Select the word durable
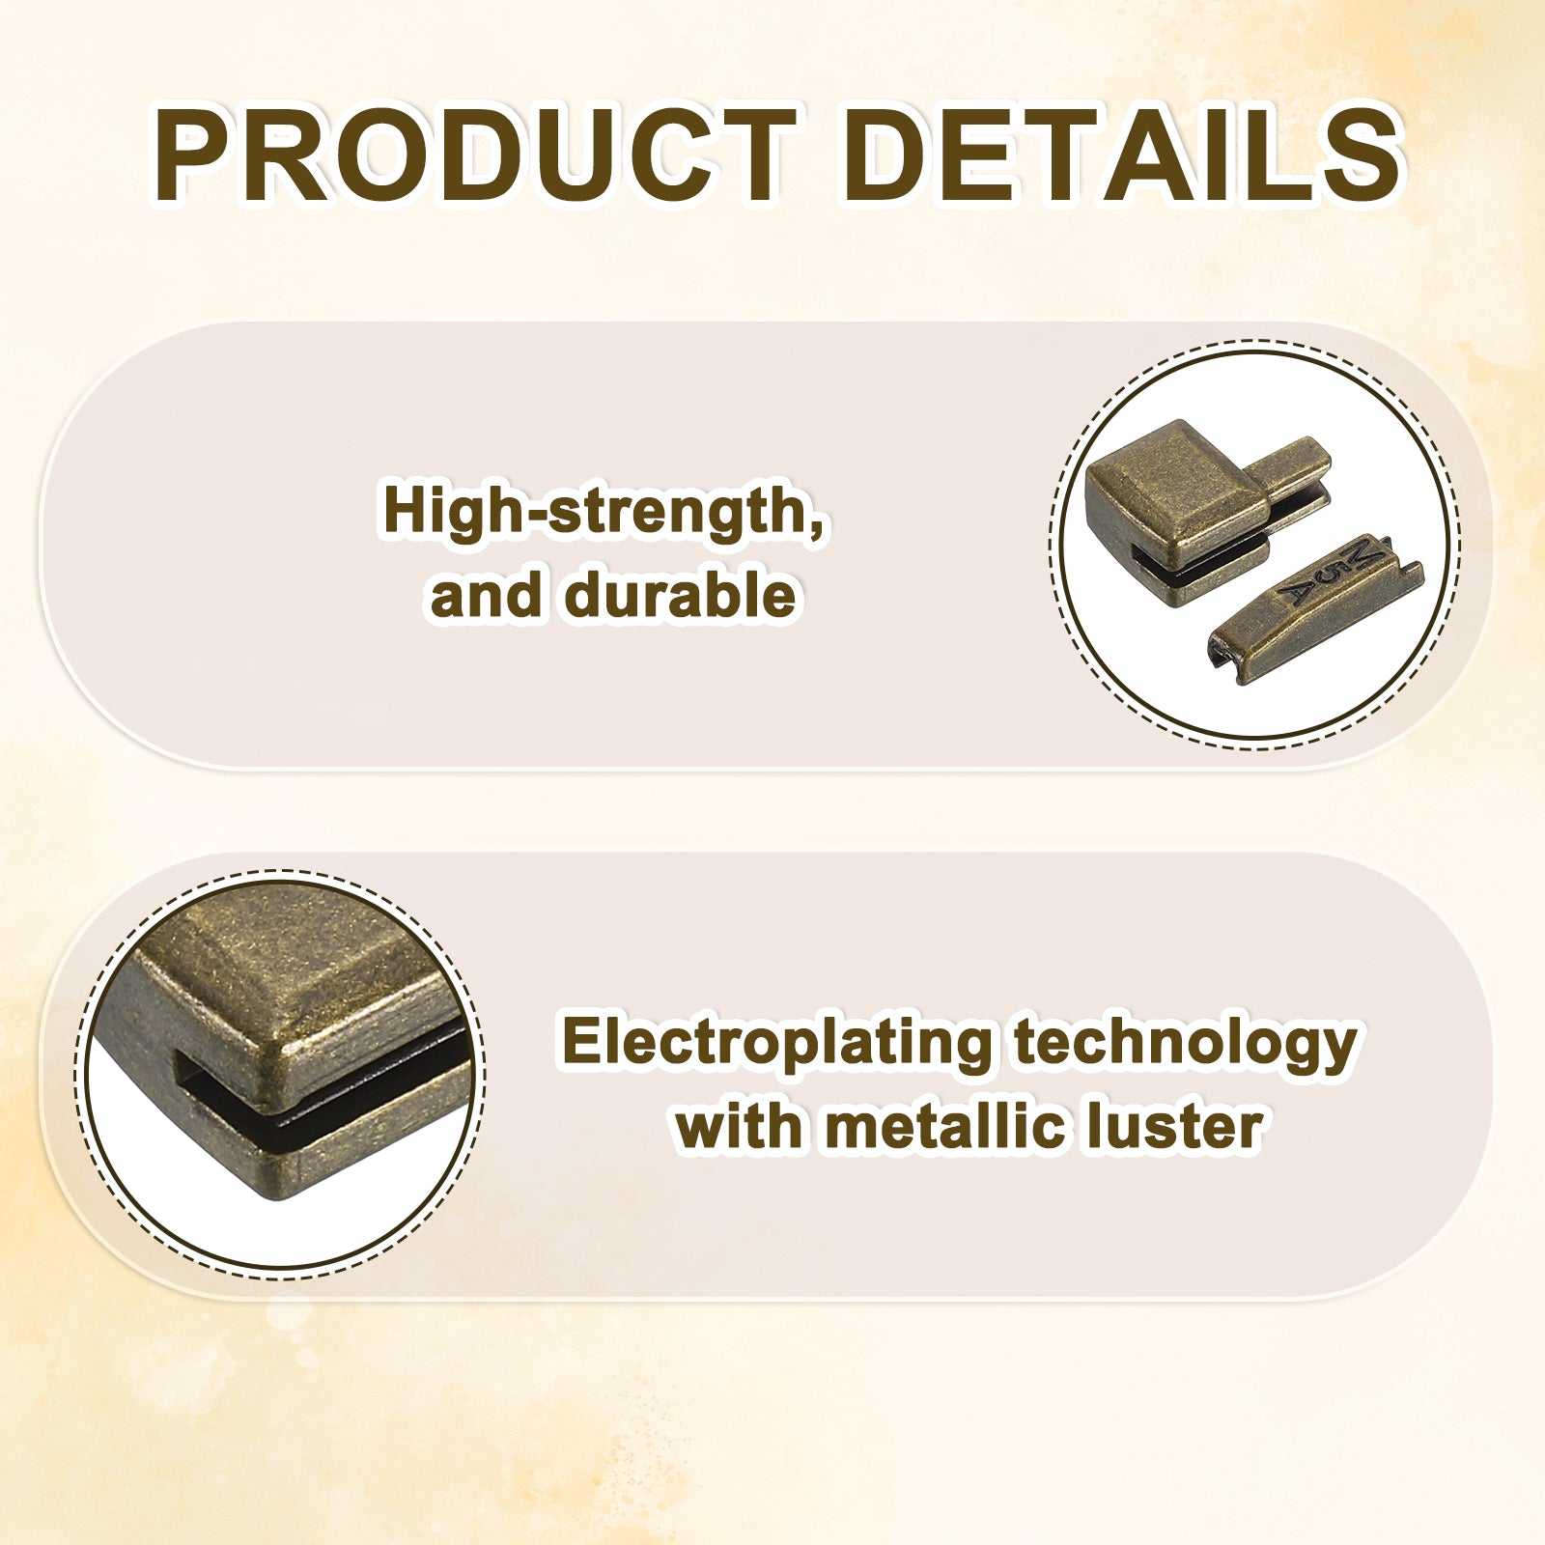[x=680, y=595]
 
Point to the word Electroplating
[x=777, y=1044]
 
